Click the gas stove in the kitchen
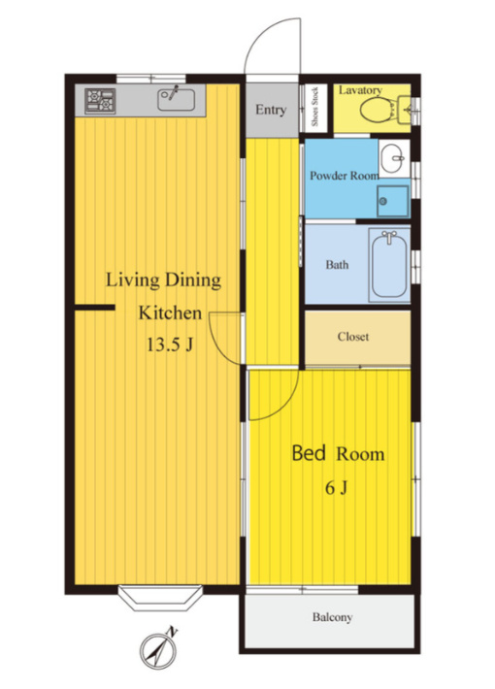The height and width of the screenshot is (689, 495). point(100,101)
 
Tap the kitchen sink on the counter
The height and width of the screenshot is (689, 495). point(177,100)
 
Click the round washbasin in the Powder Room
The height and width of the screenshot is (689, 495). point(392,158)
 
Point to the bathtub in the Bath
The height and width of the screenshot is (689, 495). point(389,264)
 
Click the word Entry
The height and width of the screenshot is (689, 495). point(271,110)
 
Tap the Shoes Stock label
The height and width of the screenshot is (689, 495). point(314,107)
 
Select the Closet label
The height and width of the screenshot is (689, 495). point(353,337)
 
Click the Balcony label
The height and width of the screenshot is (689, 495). point(332,617)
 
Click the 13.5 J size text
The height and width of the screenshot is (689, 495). point(169,344)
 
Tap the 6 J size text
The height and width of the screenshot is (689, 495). point(336,487)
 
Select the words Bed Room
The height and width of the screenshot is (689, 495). point(338,453)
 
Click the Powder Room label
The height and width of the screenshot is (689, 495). point(345,176)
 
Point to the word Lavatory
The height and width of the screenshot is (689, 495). point(360,90)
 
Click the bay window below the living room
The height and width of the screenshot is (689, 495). point(160,598)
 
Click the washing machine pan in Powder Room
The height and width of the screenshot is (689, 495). point(392,201)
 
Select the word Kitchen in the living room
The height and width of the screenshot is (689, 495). point(170,312)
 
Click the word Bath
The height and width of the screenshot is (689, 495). point(337,265)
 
